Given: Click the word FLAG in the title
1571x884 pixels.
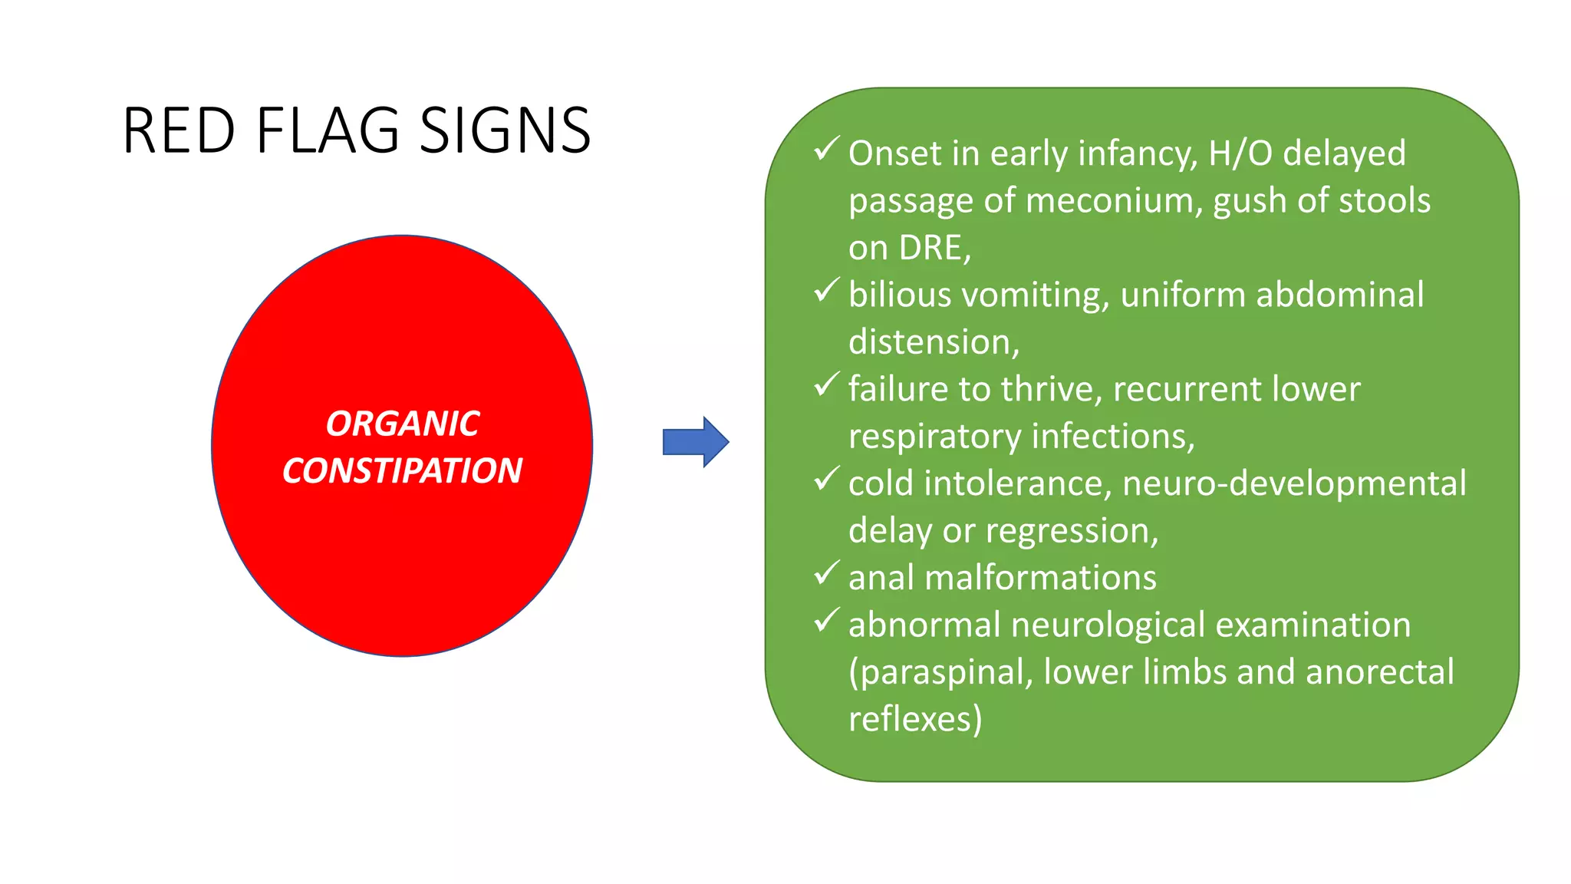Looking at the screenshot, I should [328, 130].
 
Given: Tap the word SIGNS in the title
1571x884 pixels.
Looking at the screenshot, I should [506, 130].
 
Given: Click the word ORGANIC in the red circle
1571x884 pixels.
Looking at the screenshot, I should [403, 424].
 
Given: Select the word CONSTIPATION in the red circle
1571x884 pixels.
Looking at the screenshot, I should [402, 470].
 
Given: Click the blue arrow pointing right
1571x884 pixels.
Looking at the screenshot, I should [695, 442].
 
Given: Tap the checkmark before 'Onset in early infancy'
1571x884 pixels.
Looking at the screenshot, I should [826, 149].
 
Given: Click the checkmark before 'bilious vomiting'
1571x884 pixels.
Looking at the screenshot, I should [826, 290].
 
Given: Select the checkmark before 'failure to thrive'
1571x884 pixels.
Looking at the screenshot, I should [826, 384].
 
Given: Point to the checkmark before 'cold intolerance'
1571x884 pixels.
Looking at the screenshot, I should [826, 479].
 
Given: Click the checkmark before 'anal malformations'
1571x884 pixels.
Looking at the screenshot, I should [826, 573].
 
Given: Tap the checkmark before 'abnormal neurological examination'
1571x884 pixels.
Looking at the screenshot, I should [826, 620].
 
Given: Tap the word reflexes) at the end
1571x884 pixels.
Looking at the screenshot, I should [914, 720].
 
